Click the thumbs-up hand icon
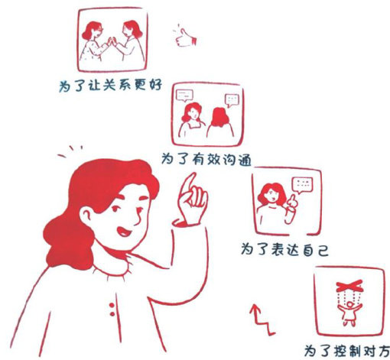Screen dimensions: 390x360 tap(186, 38)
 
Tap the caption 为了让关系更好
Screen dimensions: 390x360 tap(111, 86)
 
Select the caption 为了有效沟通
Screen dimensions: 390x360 tap(206, 159)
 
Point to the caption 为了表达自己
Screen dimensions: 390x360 tap(284, 249)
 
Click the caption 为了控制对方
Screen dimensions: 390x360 tap(347, 351)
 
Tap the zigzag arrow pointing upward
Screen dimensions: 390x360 tap(262, 319)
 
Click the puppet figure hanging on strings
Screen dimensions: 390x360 tap(349, 313)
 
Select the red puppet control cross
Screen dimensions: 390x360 tap(349, 286)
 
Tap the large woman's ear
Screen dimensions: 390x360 tap(86, 216)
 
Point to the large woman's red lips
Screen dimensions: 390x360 tap(124, 232)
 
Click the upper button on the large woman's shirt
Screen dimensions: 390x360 tap(112, 305)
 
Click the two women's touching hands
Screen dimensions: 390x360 tap(112, 42)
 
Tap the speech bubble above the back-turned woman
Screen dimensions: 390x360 tap(232, 100)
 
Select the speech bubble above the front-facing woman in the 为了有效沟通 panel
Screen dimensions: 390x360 tap(184, 96)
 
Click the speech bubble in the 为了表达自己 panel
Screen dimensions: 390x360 tap(302, 185)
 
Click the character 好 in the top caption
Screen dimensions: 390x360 tap(155, 85)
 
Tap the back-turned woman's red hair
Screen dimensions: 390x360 tap(220, 117)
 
